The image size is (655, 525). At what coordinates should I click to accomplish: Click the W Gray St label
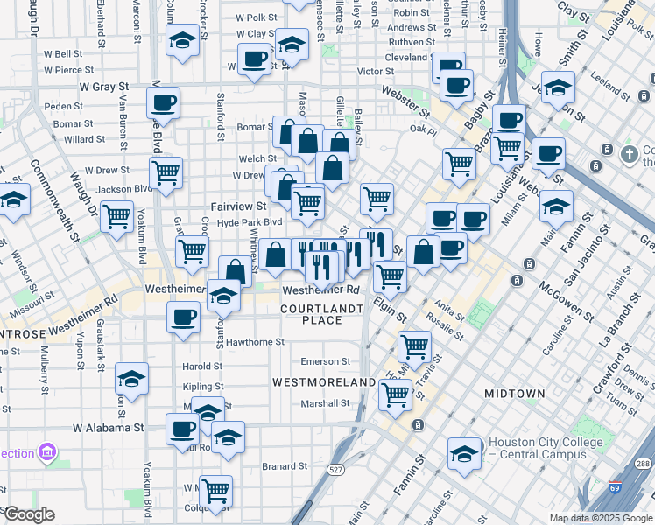pos(104,87)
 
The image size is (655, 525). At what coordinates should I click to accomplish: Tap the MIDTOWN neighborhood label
pos(516,394)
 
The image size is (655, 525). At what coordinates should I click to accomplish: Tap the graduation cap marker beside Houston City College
pos(464,454)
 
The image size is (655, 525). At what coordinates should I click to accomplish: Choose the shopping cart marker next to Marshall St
pos(395,395)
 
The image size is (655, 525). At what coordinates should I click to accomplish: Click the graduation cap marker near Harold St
pos(131,378)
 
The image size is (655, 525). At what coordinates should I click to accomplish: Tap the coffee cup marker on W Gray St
pos(164,102)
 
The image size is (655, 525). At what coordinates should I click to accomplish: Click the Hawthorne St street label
pos(255,342)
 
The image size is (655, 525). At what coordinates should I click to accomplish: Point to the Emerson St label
pos(325,361)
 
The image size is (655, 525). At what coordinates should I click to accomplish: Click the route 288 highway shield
pos(644,464)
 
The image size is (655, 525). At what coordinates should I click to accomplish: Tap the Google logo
pos(28,514)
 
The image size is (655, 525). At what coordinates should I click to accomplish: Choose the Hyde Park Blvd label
pos(250,223)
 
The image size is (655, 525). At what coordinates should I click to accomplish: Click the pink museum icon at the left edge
pos(47,452)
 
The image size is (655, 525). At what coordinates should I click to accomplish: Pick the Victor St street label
pos(376,72)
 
